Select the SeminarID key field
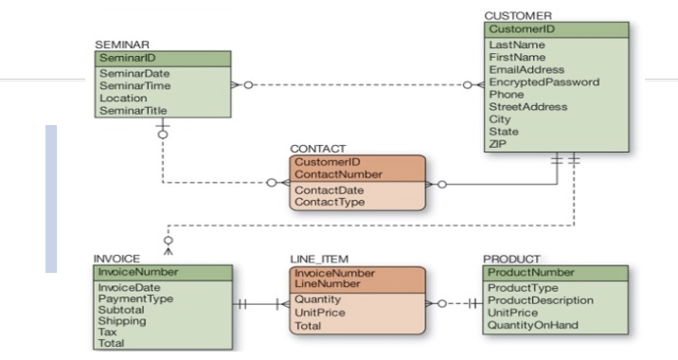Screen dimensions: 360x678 (122, 58)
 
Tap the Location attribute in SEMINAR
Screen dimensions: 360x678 (122, 98)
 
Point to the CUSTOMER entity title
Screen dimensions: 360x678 (517, 16)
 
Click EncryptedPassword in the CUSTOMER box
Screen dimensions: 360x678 (544, 81)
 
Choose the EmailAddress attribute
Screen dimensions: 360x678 (526, 69)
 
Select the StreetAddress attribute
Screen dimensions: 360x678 (528, 106)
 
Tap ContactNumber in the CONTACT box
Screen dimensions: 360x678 (336, 174)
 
